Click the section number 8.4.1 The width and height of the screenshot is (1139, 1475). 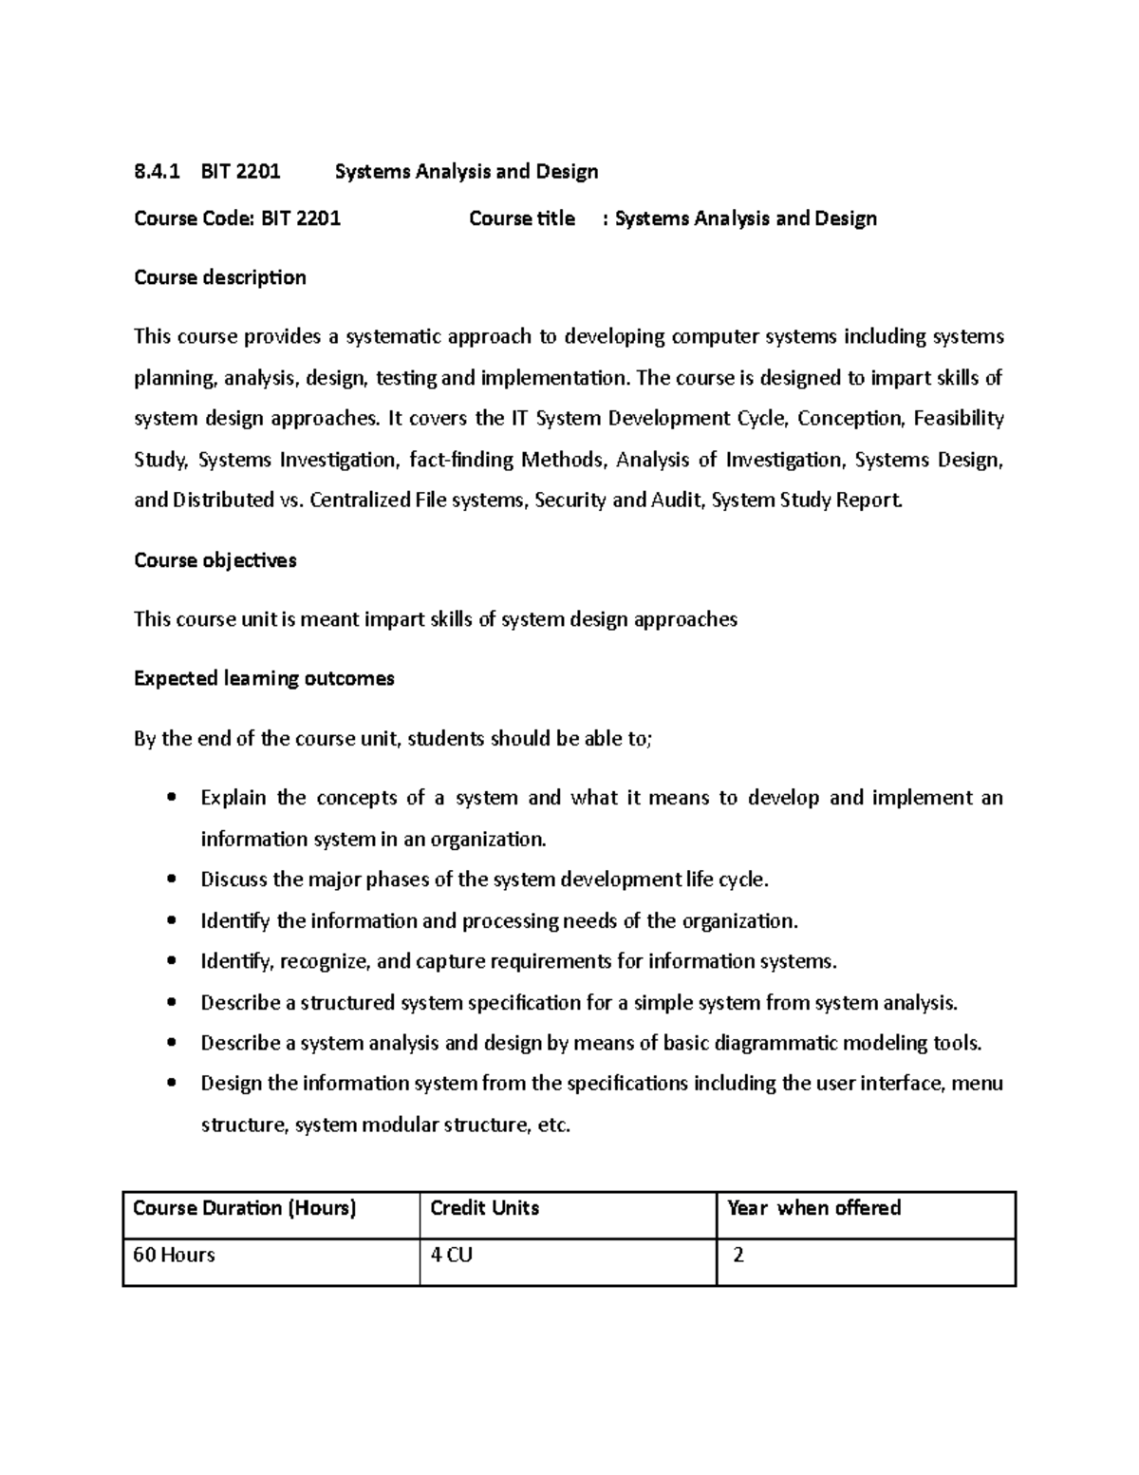157,172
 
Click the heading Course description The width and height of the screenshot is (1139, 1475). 219,277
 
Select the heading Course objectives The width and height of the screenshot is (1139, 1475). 215,560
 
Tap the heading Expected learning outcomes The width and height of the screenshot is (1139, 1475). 264,678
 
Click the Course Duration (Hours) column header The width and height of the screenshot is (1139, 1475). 244,1208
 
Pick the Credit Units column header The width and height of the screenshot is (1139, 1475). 484,1208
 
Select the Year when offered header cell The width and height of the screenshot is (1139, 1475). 813,1208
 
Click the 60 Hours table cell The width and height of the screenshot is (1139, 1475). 174,1256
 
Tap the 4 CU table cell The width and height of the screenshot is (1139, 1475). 451,1256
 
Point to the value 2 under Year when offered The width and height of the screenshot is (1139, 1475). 738,1256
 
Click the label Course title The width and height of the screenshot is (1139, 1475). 521,218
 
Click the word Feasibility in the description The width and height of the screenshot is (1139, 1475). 958,419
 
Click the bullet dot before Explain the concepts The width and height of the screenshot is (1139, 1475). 171,798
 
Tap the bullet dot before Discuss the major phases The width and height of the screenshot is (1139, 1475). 171,879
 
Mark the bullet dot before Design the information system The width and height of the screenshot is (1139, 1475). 171,1084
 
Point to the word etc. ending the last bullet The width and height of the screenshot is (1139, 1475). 553,1125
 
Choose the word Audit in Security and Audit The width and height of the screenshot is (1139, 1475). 676,501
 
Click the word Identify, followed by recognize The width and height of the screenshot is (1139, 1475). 237,962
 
